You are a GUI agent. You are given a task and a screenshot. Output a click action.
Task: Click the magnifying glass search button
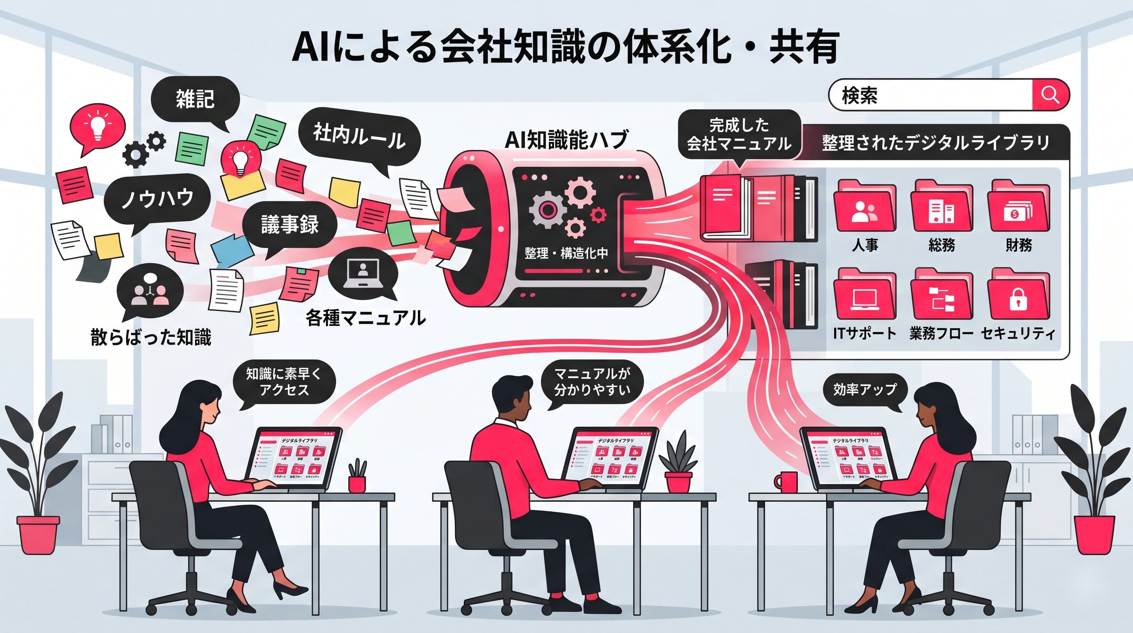point(1050,95)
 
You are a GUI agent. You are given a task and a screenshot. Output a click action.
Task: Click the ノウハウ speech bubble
point(157,199)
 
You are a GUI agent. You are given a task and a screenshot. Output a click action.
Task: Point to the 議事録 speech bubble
point(289,225)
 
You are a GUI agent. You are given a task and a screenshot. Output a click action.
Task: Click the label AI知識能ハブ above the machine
point(566,140)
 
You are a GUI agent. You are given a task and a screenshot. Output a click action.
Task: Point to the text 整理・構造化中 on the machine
point(566,253)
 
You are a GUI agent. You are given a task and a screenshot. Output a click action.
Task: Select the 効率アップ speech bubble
point(864,389)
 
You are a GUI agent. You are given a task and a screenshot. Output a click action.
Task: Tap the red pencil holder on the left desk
point(357,483)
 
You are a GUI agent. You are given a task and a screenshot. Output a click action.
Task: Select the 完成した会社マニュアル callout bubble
point(739,134)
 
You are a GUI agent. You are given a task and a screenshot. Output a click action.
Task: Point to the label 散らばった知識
point(151,337)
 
